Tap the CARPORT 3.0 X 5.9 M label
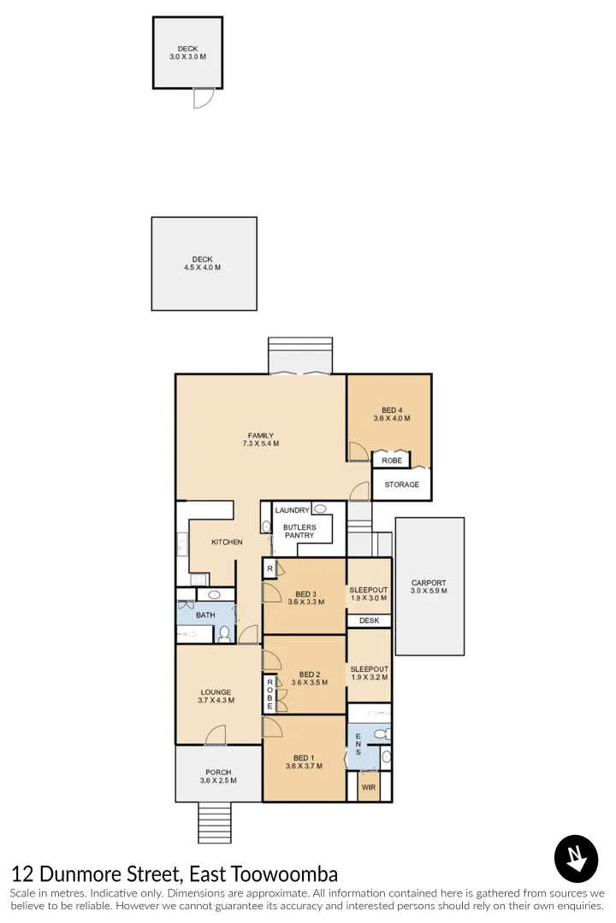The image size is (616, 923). [429, 587]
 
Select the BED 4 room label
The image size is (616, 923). [391, 414]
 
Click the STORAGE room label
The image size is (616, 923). [401, 485]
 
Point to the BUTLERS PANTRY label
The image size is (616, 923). [299, 532]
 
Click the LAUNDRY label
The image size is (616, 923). [292, 510]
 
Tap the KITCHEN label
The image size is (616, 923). [227, 542]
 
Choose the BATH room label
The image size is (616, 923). [205, 614]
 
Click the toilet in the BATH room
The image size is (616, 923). [225, 633]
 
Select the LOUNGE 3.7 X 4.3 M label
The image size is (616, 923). [216, 697]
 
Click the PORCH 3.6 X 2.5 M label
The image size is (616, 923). [217, 776]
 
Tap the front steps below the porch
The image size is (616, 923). [215, 822]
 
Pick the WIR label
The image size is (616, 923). [369, 787]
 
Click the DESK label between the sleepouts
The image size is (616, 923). [369, 620]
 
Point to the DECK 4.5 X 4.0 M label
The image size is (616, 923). [202, 263]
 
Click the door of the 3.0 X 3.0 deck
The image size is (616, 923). [202, 98]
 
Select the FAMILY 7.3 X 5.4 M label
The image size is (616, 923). [261, 439]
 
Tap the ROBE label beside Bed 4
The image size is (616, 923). [392, 461]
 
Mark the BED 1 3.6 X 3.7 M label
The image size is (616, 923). [304, 762]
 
